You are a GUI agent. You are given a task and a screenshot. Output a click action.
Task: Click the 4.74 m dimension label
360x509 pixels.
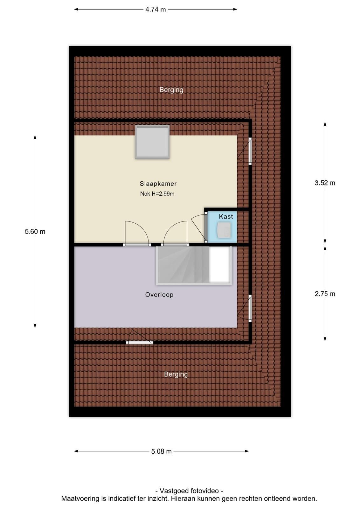tap(156, 10)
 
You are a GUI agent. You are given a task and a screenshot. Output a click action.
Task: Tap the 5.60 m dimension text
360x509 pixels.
tap(35, 232)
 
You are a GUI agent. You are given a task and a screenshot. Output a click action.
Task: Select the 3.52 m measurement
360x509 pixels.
tap(325, 183)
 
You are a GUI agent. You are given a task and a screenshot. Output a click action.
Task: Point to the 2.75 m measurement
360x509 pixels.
tap(325, 294)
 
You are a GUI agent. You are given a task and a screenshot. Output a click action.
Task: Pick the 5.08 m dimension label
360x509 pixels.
tap(162, 451)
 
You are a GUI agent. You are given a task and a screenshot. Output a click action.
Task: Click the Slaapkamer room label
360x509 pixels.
tap(158, 184)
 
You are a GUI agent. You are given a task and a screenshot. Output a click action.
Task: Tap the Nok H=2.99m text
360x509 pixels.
tap(157, 194)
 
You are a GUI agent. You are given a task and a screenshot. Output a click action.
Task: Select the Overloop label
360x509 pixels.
tap(159, 295)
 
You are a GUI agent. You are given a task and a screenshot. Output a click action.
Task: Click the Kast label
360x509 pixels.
tap(226, 217)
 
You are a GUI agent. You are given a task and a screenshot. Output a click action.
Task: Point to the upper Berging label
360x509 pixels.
tap(171, 90)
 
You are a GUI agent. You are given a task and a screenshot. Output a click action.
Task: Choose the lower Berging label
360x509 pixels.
tap(176, 374)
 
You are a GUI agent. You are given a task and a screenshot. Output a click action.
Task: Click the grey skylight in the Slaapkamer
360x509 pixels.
tap(152, 142)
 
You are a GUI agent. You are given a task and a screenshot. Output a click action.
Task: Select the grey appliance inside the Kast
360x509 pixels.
tap(224, 230)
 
